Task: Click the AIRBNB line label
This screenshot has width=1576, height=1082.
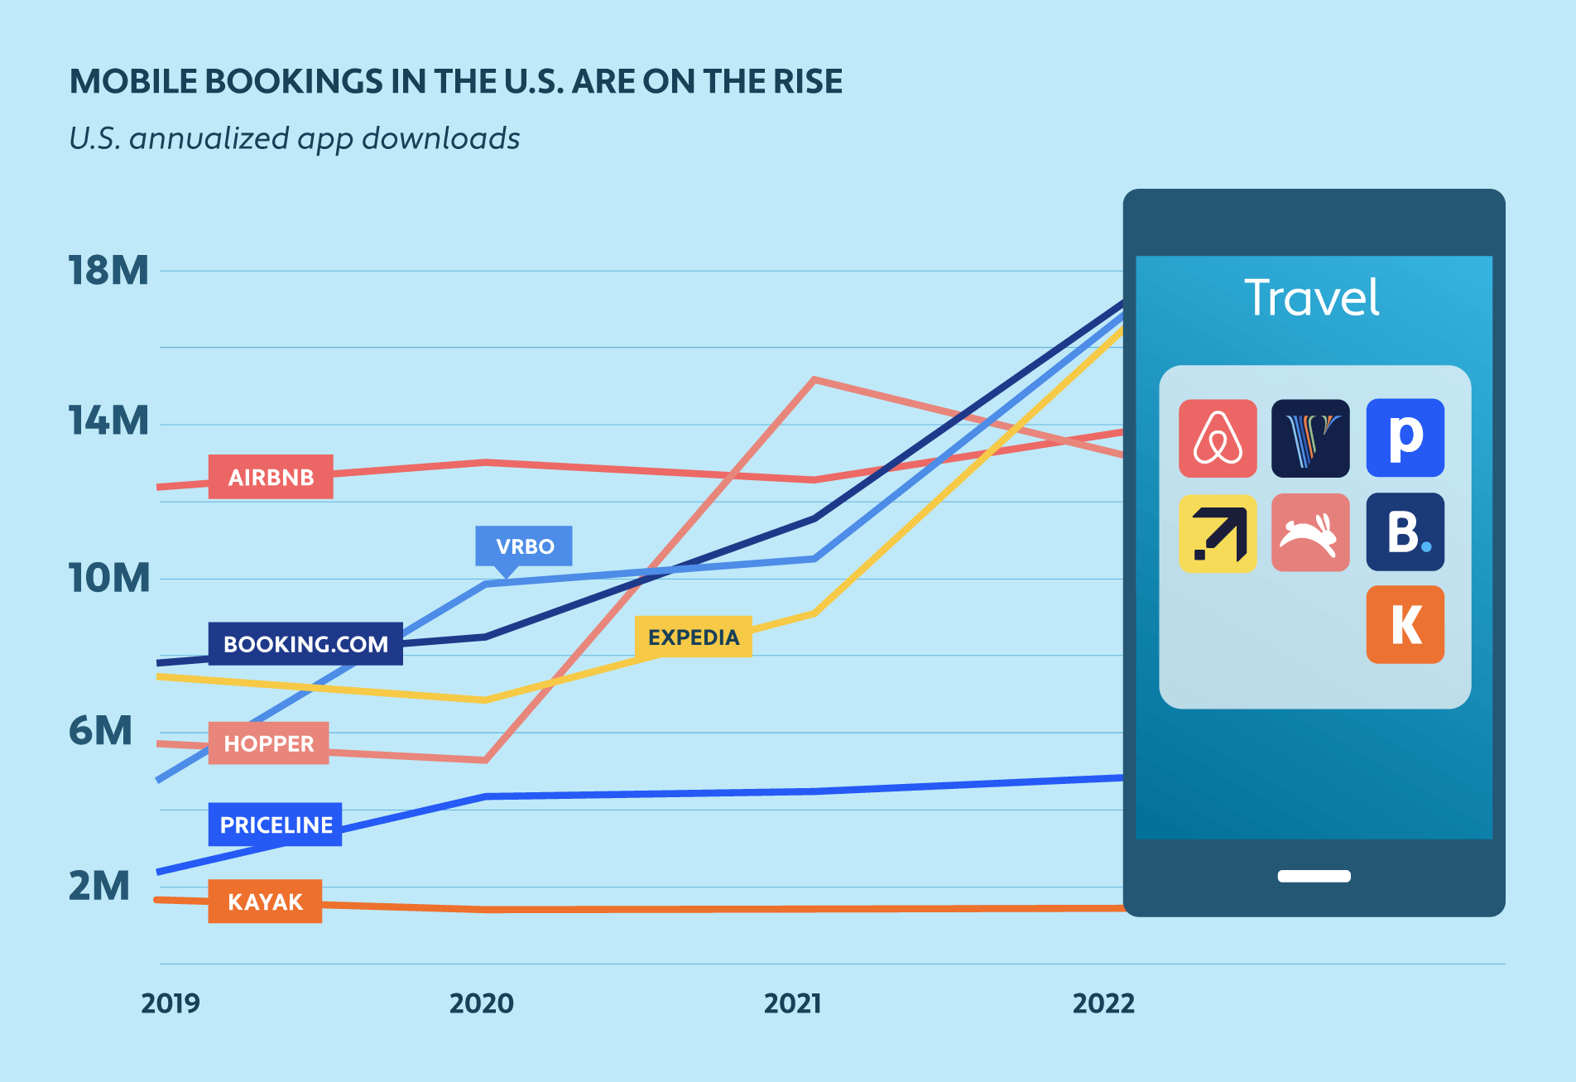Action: [271, 477]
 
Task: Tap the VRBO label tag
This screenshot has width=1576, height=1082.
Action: [524, 546]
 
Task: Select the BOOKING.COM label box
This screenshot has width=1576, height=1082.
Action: [305, 644]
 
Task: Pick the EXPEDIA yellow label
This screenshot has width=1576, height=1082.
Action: [694, 637]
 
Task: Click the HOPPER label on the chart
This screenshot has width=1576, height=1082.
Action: [268, 743]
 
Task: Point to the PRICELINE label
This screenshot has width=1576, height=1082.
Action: [276, 825]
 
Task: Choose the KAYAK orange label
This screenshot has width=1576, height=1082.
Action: [265, 902]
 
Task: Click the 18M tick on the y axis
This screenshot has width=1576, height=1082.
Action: [108, 271]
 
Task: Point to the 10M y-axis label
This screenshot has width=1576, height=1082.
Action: [108, 578]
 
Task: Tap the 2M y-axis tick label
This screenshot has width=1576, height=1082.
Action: [99, 886]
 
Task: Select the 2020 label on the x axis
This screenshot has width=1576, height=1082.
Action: [481, 1003]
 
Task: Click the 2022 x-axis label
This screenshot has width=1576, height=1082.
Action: [1103, 1003]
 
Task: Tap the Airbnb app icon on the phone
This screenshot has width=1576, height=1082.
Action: [1218, 439]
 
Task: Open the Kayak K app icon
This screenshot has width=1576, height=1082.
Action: [1405, 624]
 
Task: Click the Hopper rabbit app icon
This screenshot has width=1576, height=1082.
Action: [1310, 533]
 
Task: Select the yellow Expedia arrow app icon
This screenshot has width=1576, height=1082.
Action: [1218, 533]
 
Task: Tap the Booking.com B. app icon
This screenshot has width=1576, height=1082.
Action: [1405, 531]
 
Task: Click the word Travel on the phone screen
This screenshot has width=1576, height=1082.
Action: [1312, 298]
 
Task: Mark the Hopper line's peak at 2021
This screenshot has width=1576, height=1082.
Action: [815, 380]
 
